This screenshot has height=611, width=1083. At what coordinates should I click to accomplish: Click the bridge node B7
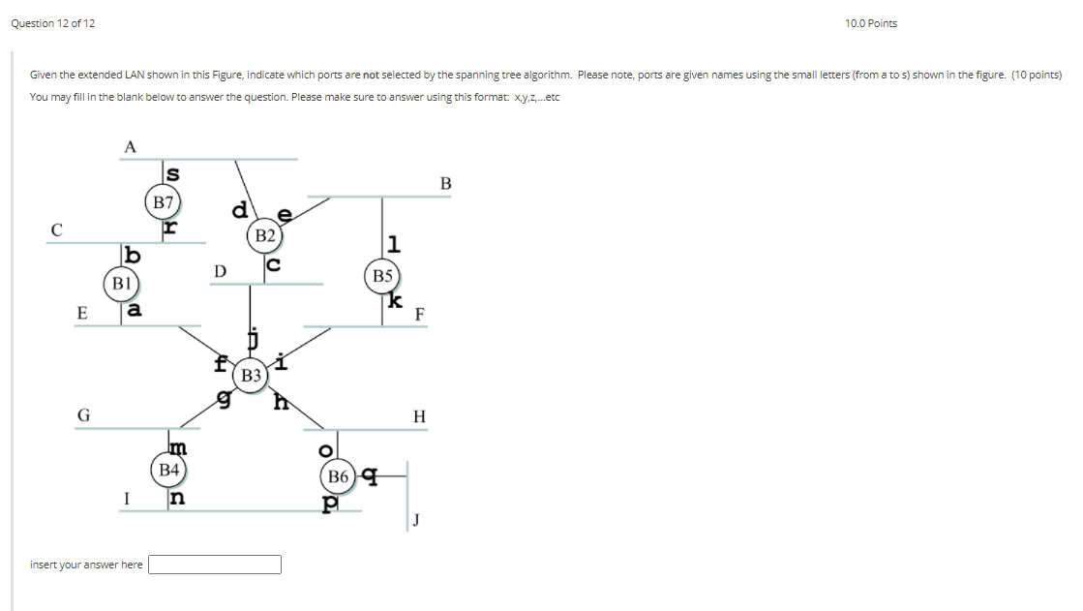pyautogui.click(x=163, y=202)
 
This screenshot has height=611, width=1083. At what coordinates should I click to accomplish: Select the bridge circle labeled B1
pyautogui.click(x=121, y=284)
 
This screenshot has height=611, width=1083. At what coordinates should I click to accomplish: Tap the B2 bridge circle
pyautogui.click(x=265, y=235)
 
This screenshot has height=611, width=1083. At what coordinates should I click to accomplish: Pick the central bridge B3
pyautogui.click(x=251, y=375)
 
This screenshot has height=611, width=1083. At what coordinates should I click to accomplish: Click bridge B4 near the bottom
pyautogui.click(x=169, y=470)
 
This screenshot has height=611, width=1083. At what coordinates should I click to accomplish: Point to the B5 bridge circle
pyautogui.click(x=383, y=275)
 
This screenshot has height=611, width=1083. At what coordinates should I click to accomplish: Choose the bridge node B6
pyautogui.click(x=338, y=476)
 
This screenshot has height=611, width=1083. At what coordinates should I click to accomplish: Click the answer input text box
pyautogui.click(x=215, y=564)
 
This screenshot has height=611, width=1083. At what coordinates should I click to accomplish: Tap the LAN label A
pyautogui.click(x=131, y=147)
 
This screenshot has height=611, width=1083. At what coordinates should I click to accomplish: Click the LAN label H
pyautogui.click(x=418, y=417)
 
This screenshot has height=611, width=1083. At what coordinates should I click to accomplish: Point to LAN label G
pyautogui.click(x=84, y=414)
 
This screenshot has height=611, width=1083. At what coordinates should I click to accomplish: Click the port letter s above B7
pyautogui.click(x=173, y=174)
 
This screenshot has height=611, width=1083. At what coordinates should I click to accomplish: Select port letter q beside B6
pyautogui.click(x=368, y=475)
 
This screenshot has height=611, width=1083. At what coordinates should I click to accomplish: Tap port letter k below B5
pyautogui.click(x=394, y=301)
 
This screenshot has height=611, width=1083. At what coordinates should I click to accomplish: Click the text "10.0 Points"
pyautogui.click(x=870, y=23)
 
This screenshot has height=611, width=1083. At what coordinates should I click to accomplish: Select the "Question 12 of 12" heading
pyautogui.click(x=53, y=23)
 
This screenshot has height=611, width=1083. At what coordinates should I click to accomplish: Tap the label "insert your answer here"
pyautogui.click(x=86, y=565)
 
